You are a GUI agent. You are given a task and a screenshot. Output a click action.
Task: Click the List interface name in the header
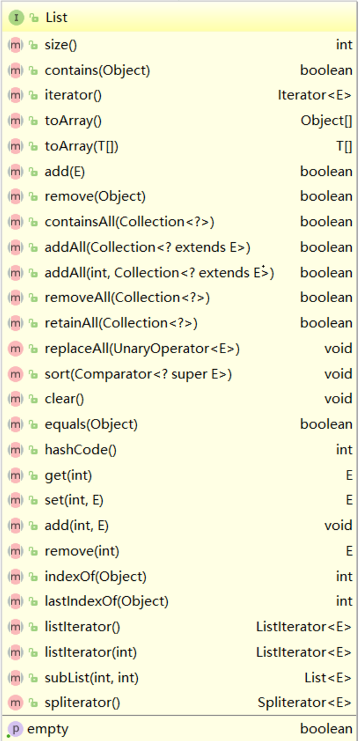56,18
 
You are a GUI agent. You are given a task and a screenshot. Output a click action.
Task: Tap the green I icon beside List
16,18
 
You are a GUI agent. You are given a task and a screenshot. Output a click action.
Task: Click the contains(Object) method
97,70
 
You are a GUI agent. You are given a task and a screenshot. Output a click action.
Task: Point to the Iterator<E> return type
315,95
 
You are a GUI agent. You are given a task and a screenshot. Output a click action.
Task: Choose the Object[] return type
327,121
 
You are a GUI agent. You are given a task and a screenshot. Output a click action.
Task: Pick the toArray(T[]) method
81,146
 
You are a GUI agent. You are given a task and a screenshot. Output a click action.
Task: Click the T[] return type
344,146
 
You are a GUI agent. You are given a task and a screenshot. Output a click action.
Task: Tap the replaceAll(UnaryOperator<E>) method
142,348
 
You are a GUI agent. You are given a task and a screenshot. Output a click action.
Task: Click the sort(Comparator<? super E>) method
138,374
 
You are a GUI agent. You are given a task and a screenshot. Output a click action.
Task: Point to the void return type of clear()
338,399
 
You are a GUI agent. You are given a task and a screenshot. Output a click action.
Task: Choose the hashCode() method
81,450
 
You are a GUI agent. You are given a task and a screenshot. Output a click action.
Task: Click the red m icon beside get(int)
15,475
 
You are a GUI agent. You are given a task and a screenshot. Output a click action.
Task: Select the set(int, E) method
74,500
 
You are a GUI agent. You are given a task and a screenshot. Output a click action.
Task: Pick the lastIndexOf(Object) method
106,601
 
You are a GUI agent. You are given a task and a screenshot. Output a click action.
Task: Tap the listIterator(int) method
90,652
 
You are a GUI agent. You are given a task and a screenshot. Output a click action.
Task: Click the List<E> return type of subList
328,678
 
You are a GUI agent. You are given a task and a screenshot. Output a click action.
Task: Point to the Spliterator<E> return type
304,702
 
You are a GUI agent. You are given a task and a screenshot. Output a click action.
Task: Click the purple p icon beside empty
15,729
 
